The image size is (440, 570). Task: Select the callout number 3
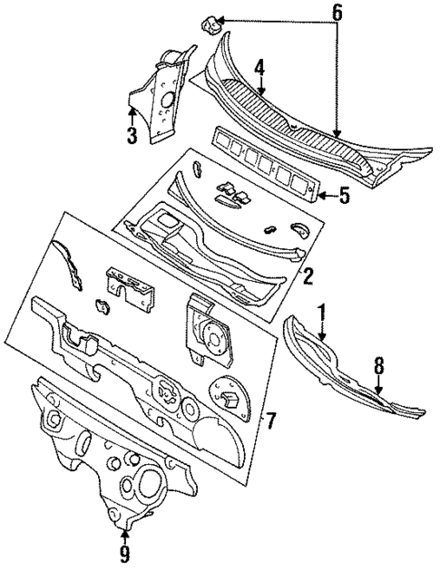tap(132, 136)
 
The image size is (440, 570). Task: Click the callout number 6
tap(338, 13)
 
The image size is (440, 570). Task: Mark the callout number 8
tap(380, 365)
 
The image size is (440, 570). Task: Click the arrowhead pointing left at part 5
tap(320, 194)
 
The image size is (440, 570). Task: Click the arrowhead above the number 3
tap(132, 111)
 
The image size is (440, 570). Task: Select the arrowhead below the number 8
tap(380, 391)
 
